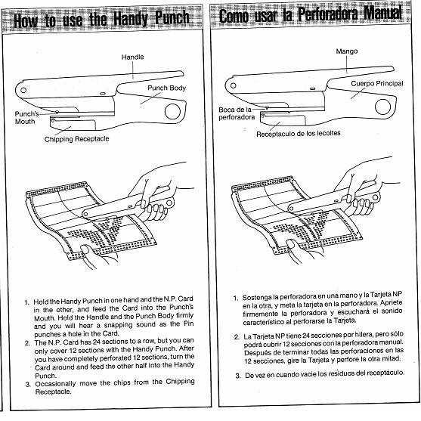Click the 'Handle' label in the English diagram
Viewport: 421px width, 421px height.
[132, 57]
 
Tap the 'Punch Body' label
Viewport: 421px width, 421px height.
[166, 88]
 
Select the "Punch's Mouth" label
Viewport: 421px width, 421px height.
[26, 118]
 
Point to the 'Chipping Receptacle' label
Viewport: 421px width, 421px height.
[77, 139]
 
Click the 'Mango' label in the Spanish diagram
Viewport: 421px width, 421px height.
[347, 51]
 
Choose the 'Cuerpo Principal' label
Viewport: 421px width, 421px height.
[377, 83]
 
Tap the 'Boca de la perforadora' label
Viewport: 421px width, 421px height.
[237, 113]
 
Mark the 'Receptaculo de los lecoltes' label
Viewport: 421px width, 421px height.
[299, 134]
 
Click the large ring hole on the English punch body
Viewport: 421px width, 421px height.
[172, 112]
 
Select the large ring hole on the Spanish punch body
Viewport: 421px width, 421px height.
[382, 107]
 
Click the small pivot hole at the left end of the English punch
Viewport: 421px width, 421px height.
[23, 90]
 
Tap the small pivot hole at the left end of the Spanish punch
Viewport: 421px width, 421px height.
[234, 85]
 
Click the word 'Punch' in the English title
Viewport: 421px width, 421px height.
[172, 18]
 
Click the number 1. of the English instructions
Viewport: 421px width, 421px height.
[27, 302]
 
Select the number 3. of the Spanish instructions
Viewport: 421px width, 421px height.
[238, 376]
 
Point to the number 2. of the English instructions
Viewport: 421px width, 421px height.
[27, 343]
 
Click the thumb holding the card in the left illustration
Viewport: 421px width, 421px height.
[85, 250]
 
